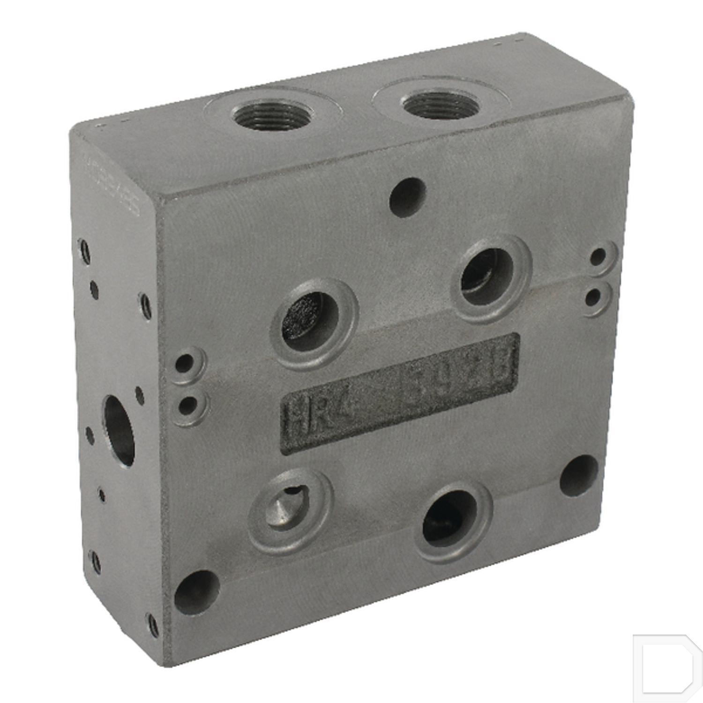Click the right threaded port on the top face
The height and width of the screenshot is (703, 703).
click(441, 105)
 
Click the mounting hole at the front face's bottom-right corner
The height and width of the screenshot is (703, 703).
click(579, 475)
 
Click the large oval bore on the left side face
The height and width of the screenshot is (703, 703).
click(119, 430)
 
